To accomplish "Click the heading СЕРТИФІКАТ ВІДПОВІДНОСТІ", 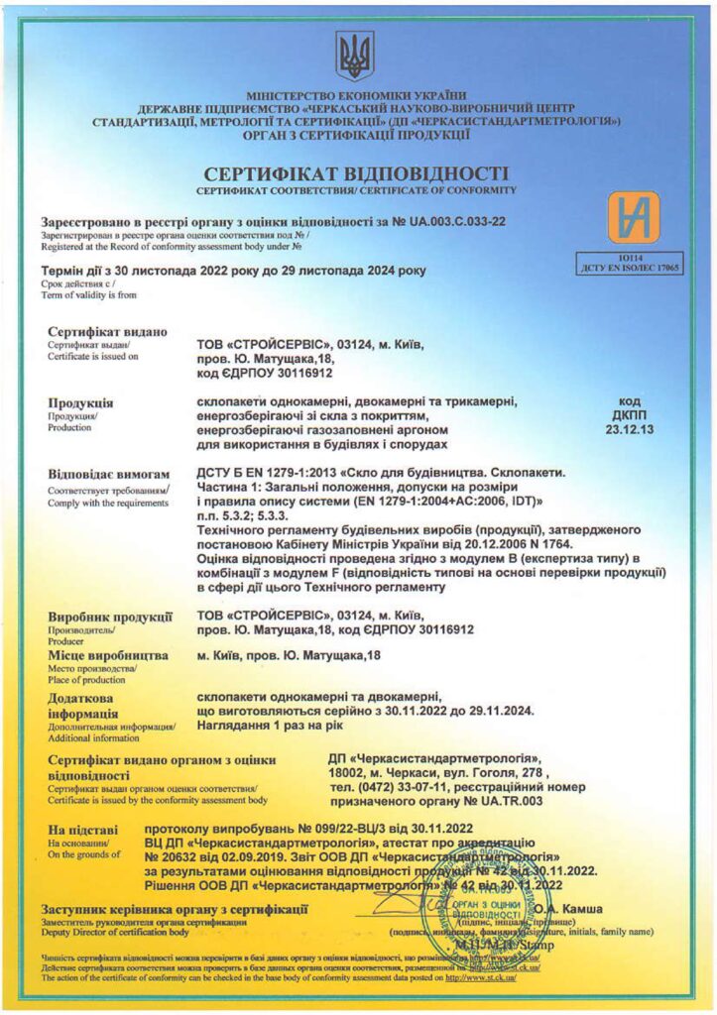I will click(357, 172).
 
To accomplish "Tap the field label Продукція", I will click(80, 403).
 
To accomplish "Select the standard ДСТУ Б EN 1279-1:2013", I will click(265, 474).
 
